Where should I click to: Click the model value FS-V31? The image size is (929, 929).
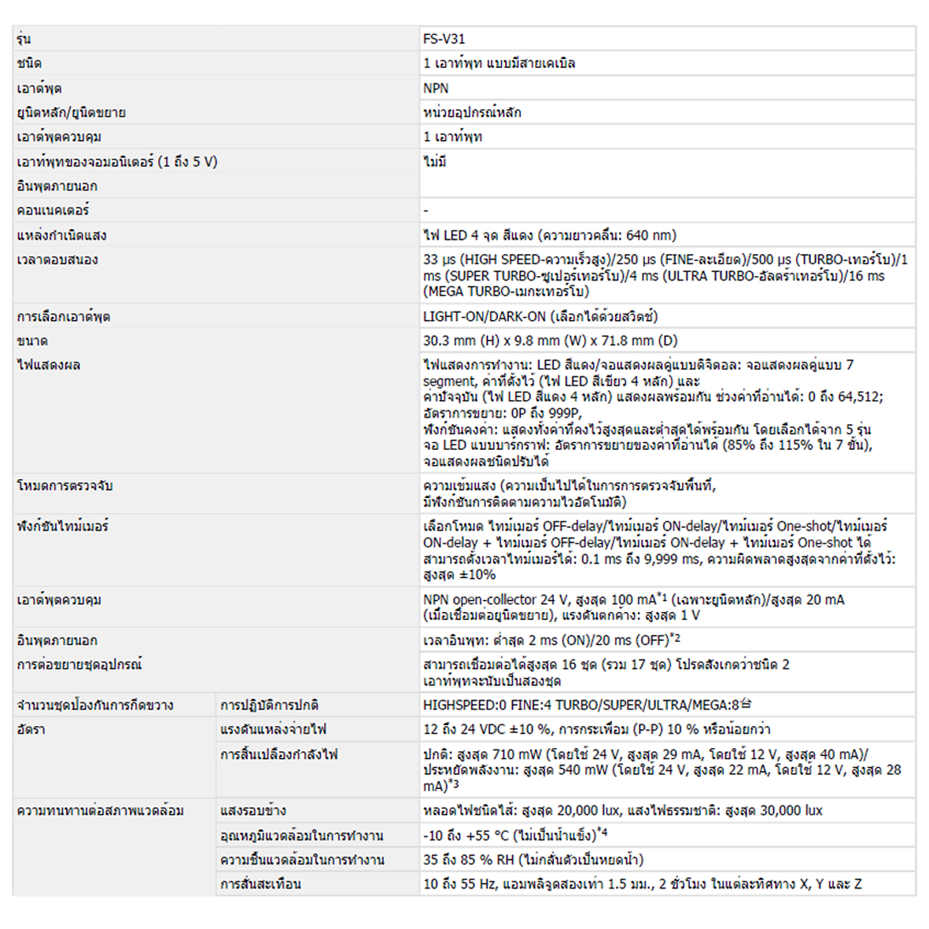444,39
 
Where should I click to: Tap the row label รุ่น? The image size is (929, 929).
24,39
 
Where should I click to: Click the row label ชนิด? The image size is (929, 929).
29,64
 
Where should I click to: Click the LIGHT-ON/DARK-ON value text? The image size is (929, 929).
485,316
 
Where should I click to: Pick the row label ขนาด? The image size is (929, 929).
32,341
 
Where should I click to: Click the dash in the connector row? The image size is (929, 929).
426,211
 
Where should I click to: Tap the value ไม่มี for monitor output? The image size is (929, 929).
435,162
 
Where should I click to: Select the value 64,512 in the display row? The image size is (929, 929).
859,396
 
